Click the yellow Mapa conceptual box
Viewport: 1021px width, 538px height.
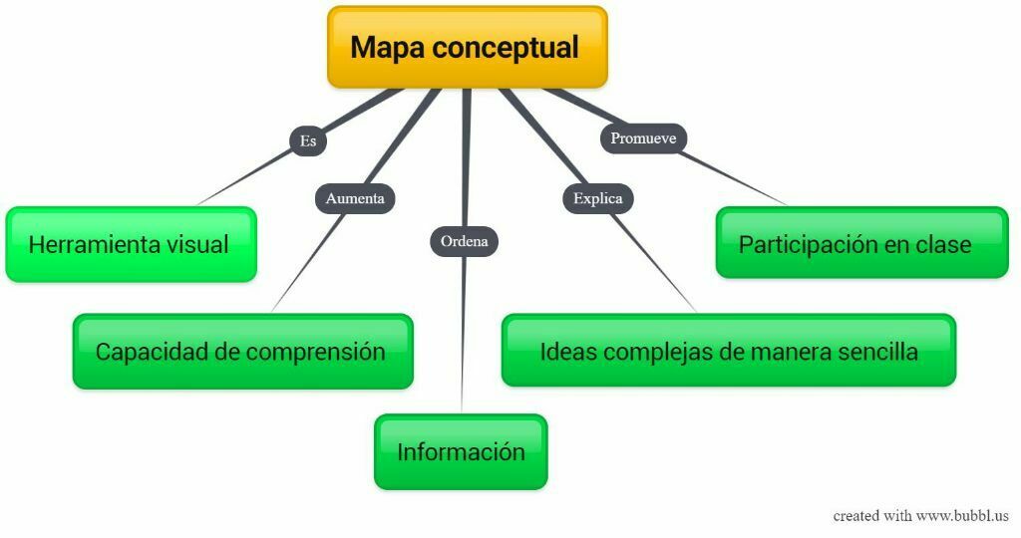[x=467, y=47]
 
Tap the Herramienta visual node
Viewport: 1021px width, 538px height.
[x=131, y=244]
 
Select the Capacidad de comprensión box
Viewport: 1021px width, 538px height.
[x=242, y=352]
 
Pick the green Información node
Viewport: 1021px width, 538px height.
[x=461, y=451]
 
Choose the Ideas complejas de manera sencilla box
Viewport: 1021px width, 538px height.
[x=728, y=351]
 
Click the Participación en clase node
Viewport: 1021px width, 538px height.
[x=861, y=243]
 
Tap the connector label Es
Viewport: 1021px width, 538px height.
[x=308, y=140]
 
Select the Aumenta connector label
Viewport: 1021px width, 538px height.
[x=355, y=198]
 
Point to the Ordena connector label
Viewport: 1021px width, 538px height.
[x=464, y=241]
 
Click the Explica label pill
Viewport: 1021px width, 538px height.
[x=598, y=198]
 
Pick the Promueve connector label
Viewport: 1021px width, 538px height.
[x=643, y=138]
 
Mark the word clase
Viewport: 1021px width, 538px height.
[x=943, y=243]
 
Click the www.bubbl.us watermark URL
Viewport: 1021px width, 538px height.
[x=962, y=516]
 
